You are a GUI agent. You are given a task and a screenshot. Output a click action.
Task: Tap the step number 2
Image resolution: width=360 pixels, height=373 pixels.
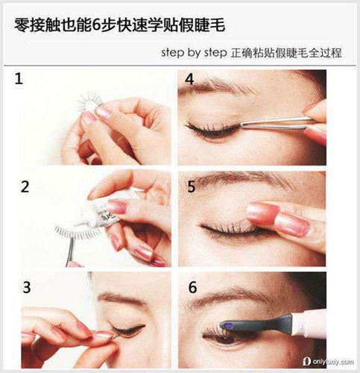click(x=25, y=186)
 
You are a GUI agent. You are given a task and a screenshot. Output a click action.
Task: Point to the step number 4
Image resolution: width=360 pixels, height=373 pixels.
click(x=189, y=79)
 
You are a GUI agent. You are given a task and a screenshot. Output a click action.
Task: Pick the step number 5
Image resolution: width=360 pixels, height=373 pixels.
click(x=191, y=186)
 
